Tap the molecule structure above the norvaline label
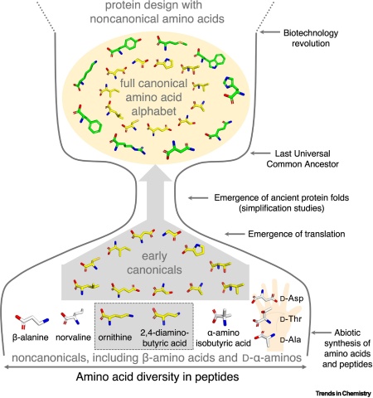[x=77, y=319]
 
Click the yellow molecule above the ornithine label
[x=119, y=319]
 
